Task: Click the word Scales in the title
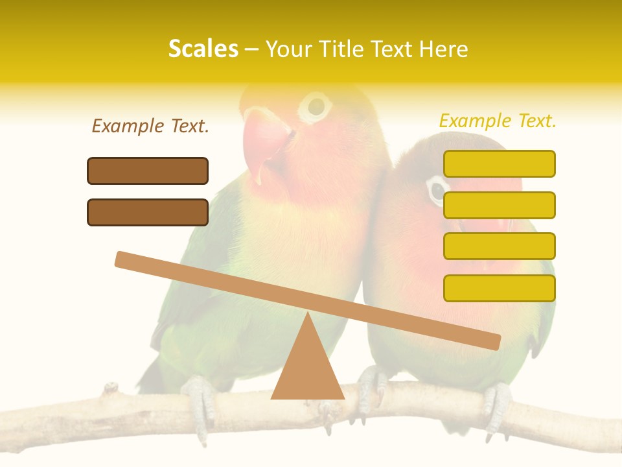(203, 49)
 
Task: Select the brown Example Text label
(150, 126)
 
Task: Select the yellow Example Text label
(498, 121)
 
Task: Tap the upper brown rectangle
(148, 171)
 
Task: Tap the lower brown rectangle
(148, 212)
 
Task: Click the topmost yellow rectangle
(499, 163)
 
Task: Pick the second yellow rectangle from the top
(499, 205)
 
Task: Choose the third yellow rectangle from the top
(499, 246)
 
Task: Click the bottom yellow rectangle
(499, 288)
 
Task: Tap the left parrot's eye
(316, 105)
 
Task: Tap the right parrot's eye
(437, 189)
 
